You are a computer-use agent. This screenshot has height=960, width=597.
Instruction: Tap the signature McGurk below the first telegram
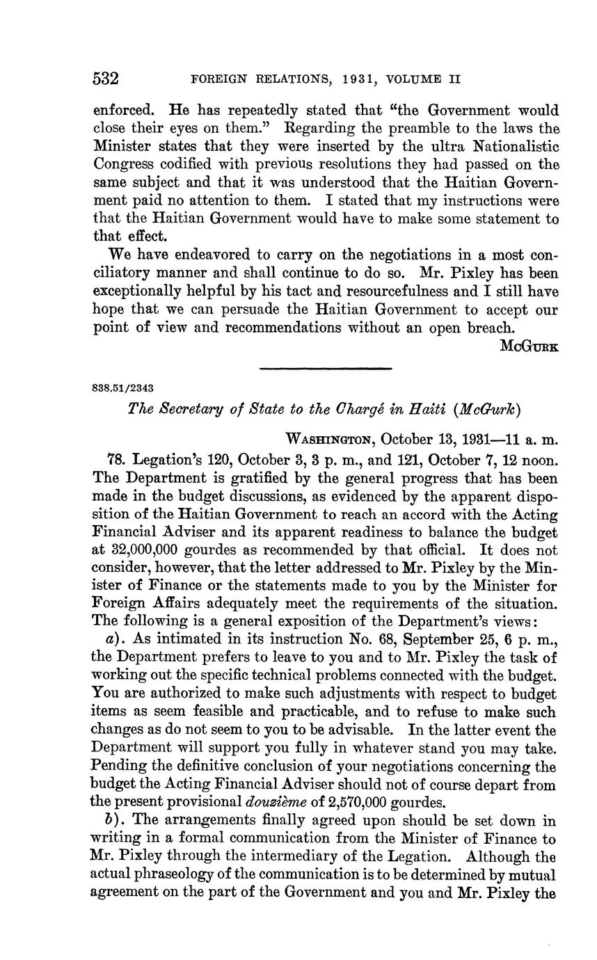[x=529, y=346]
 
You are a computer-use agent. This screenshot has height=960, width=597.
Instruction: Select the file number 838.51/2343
[x=124, y=387]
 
